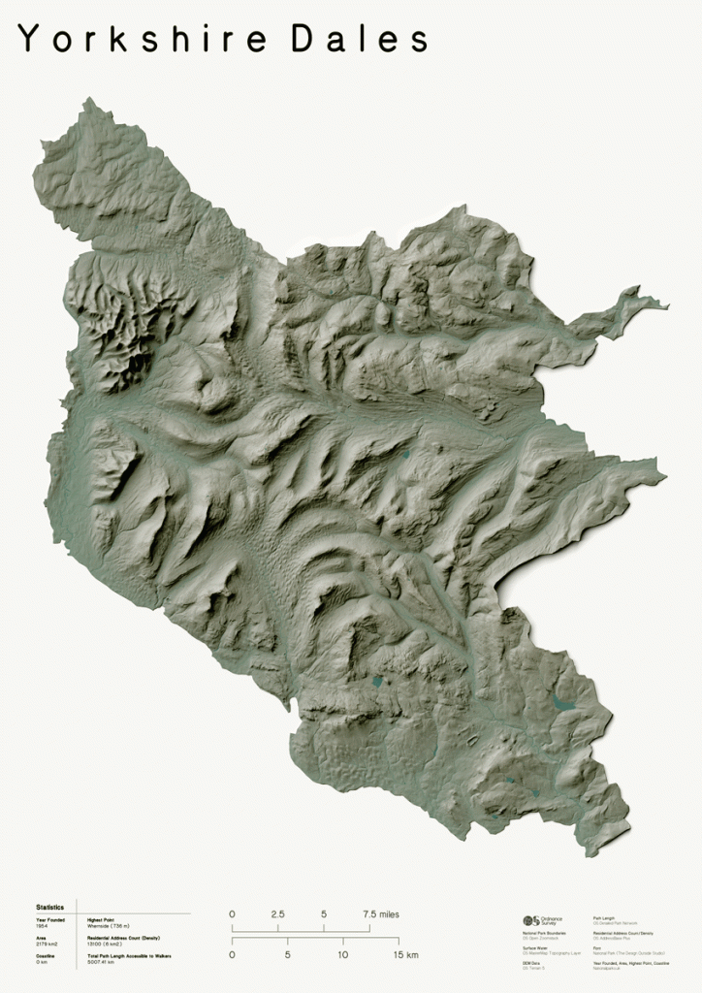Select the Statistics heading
(x=50, y=907)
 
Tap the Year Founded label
(x=49, y=919)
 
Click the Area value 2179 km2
(x=47, y=944)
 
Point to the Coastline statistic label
(x=45, y=957)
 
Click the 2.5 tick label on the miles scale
(x=277, y=914)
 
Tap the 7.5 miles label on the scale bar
(x=380, y=914)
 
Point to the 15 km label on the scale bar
(x=405, y=955)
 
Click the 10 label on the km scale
(x=342, y=955)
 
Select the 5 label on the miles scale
(x=324, y=914)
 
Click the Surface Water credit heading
(x=534, y=949)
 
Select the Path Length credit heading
(x=605, y=916)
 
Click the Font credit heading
(x=597, y=949)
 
